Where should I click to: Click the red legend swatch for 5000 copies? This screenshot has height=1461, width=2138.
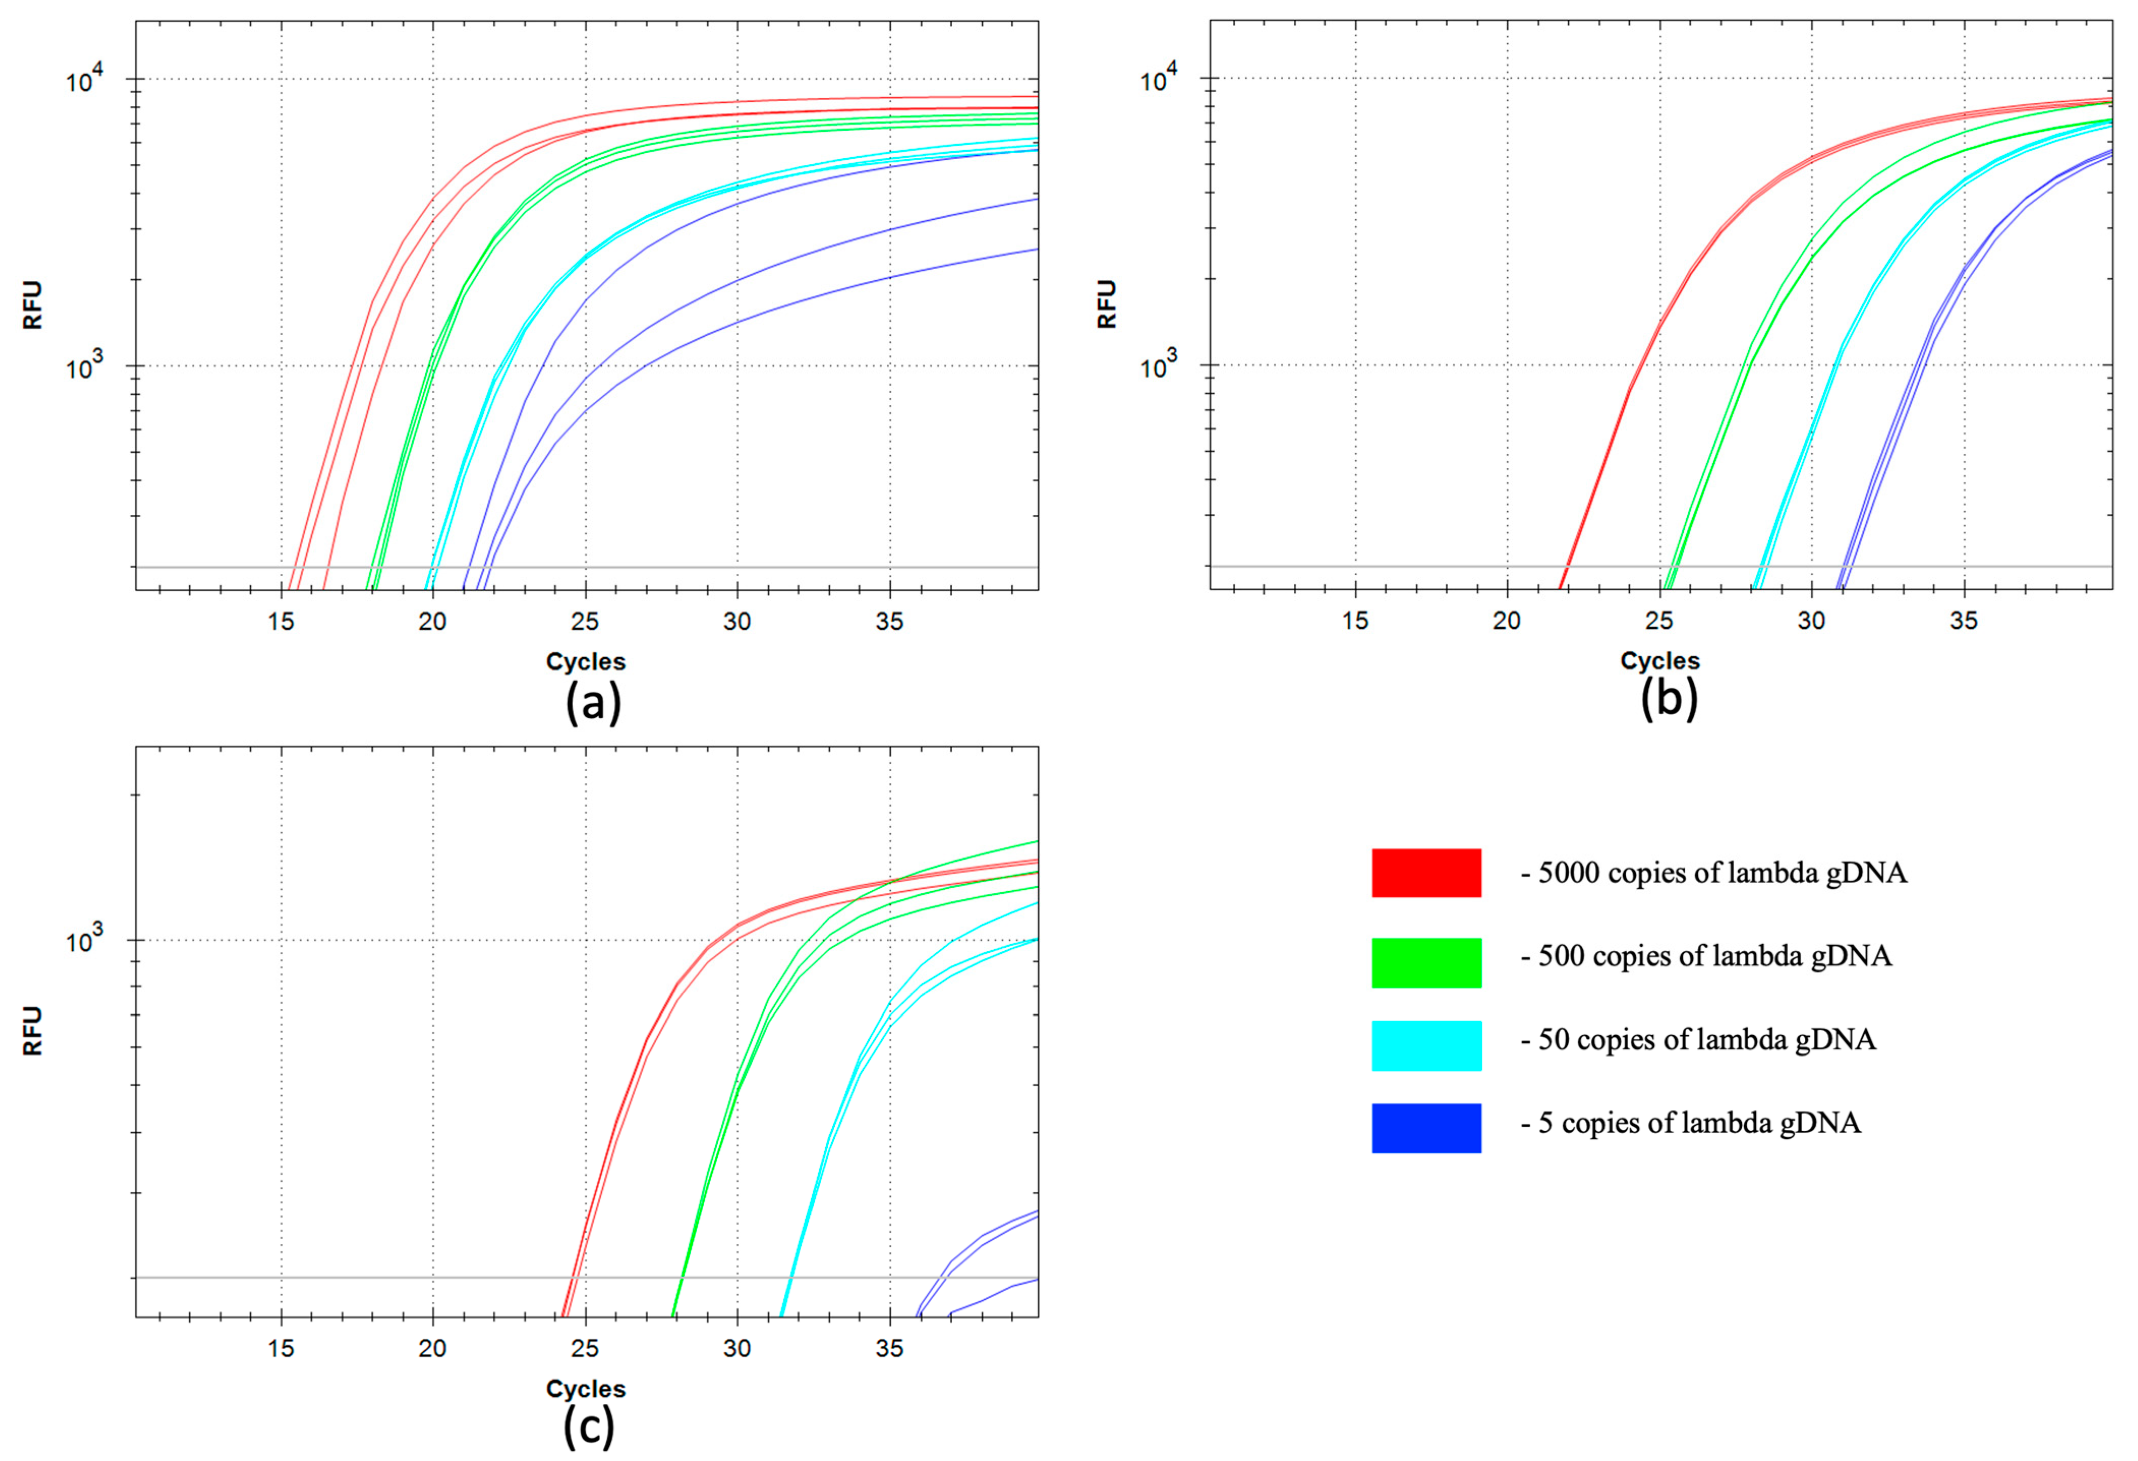tap(1426, 872)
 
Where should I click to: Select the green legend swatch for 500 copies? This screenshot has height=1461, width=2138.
tap(1426, 962)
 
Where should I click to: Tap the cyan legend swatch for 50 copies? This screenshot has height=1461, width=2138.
tap(1426, 1045)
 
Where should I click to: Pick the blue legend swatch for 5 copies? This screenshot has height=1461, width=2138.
tap(1426, 1128)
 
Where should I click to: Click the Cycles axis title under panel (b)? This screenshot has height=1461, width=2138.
tap(1660, 661)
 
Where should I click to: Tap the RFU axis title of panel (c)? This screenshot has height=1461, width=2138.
tap(32, 1031)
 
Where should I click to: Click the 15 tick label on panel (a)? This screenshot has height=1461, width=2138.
tap(281, 622)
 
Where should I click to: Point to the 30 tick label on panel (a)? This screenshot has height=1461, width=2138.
tap(737, 622)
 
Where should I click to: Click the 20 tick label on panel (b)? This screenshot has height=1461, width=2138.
tap(1507, 621)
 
